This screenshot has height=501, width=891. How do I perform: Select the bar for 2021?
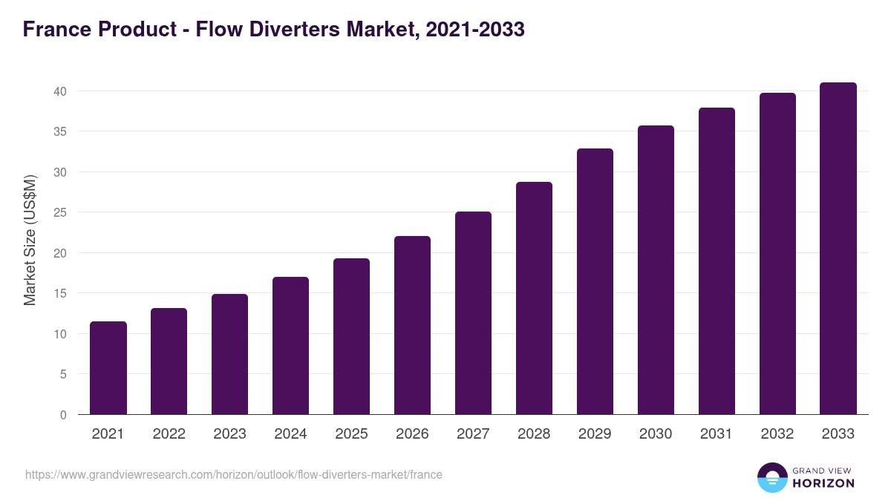pos(108,368)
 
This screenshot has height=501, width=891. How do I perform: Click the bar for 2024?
pos(291,346)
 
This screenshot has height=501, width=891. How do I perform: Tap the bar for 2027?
pos(473,313)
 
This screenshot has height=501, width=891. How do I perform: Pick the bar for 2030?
pos(656,270)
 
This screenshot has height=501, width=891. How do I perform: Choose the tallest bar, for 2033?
pos(838,249)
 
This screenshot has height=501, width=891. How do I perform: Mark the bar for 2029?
pos(595,281)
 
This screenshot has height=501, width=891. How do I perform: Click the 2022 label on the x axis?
pos(169,434)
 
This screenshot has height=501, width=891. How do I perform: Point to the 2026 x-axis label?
pos(412,434)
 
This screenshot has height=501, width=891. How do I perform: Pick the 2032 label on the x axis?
pos(777,434)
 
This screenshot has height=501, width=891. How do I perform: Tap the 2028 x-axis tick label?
pos(534,434)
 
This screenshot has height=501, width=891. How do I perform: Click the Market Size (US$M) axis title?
pos(30,240)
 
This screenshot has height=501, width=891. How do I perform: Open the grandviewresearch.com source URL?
pos(234,474)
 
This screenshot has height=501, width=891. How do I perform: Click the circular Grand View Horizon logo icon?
pos(772,477)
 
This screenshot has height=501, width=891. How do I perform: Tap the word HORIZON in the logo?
pos(823,483)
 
